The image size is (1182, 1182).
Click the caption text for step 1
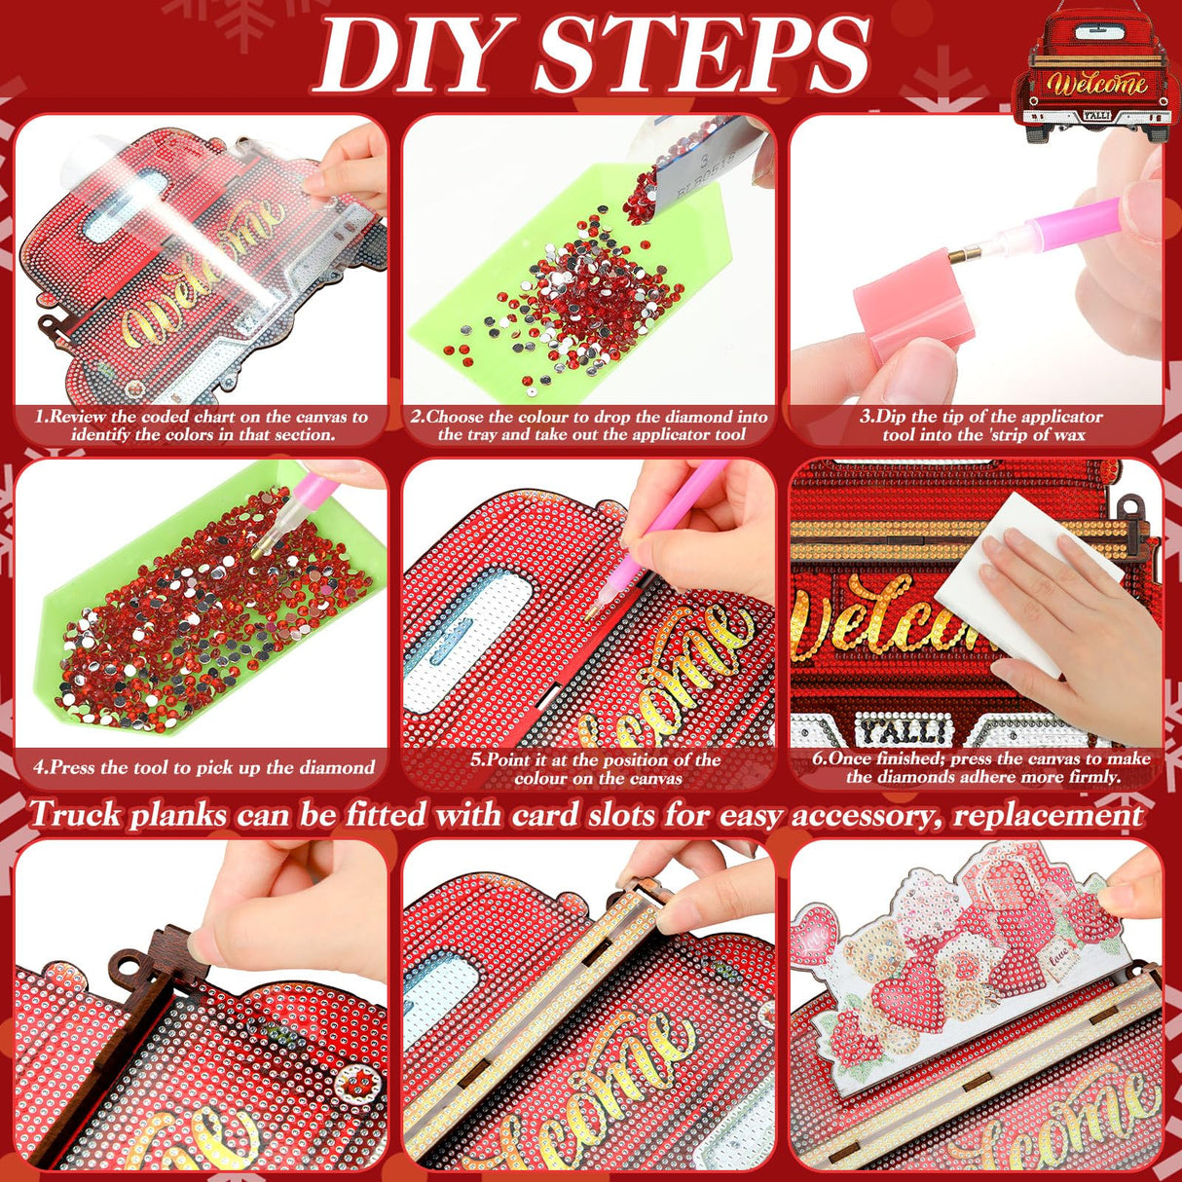tap(203, 425)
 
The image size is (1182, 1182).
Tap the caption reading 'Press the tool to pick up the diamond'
tap(203, 767)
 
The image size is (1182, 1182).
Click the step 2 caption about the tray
tap(590, 425)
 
